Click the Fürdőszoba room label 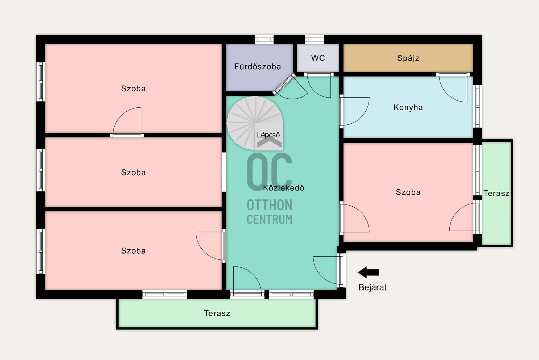pos(258,66)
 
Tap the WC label pos(318,58)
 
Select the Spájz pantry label pos(408,58)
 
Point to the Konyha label pos(408,107)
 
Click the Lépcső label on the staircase pos(268,135)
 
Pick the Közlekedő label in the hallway pos(284,187)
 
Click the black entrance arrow pos(369,272)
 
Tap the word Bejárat pos(373,287)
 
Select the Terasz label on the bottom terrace pos(217,313)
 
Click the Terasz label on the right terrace pos(497,193)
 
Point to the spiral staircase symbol pos(255,123)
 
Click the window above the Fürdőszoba pos(264,40)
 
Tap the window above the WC pos(314,40)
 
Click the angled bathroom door pos(284,84)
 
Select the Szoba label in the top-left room pos(133,88)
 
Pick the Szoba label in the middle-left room pos(133,173)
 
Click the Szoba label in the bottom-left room pos(133,251)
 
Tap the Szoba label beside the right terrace pos(408,192)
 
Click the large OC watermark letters pos(269,172)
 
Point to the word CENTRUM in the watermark pos(269,219)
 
